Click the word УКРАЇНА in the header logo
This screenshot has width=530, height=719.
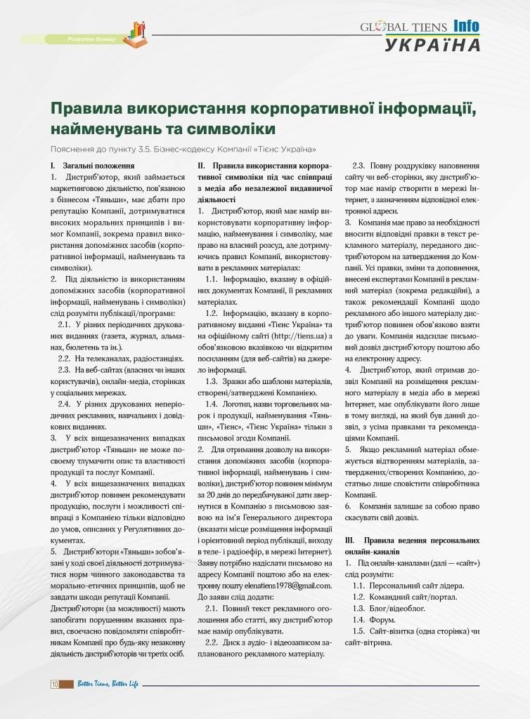point(432,45)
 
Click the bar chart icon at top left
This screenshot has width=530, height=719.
point(136,32)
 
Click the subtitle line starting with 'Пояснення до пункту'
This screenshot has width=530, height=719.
point(183,150)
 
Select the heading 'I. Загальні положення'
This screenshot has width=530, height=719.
point(88,166)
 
